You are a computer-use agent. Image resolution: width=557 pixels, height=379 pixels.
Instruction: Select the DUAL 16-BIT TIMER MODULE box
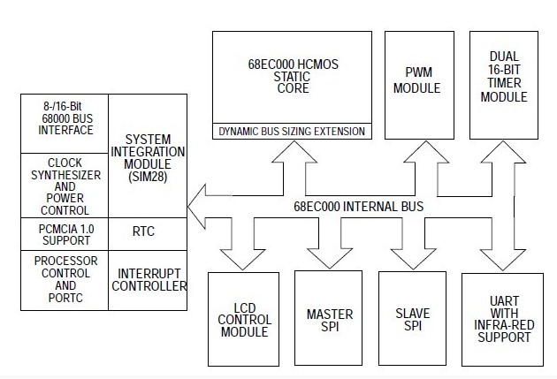(504, 85)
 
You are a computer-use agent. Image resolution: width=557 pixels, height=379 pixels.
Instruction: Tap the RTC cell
(147, 232)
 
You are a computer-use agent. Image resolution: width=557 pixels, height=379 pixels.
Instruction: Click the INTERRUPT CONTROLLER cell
(147, 279)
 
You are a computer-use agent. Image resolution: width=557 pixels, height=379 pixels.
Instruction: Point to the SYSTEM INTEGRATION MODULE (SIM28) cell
(147, 158)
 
